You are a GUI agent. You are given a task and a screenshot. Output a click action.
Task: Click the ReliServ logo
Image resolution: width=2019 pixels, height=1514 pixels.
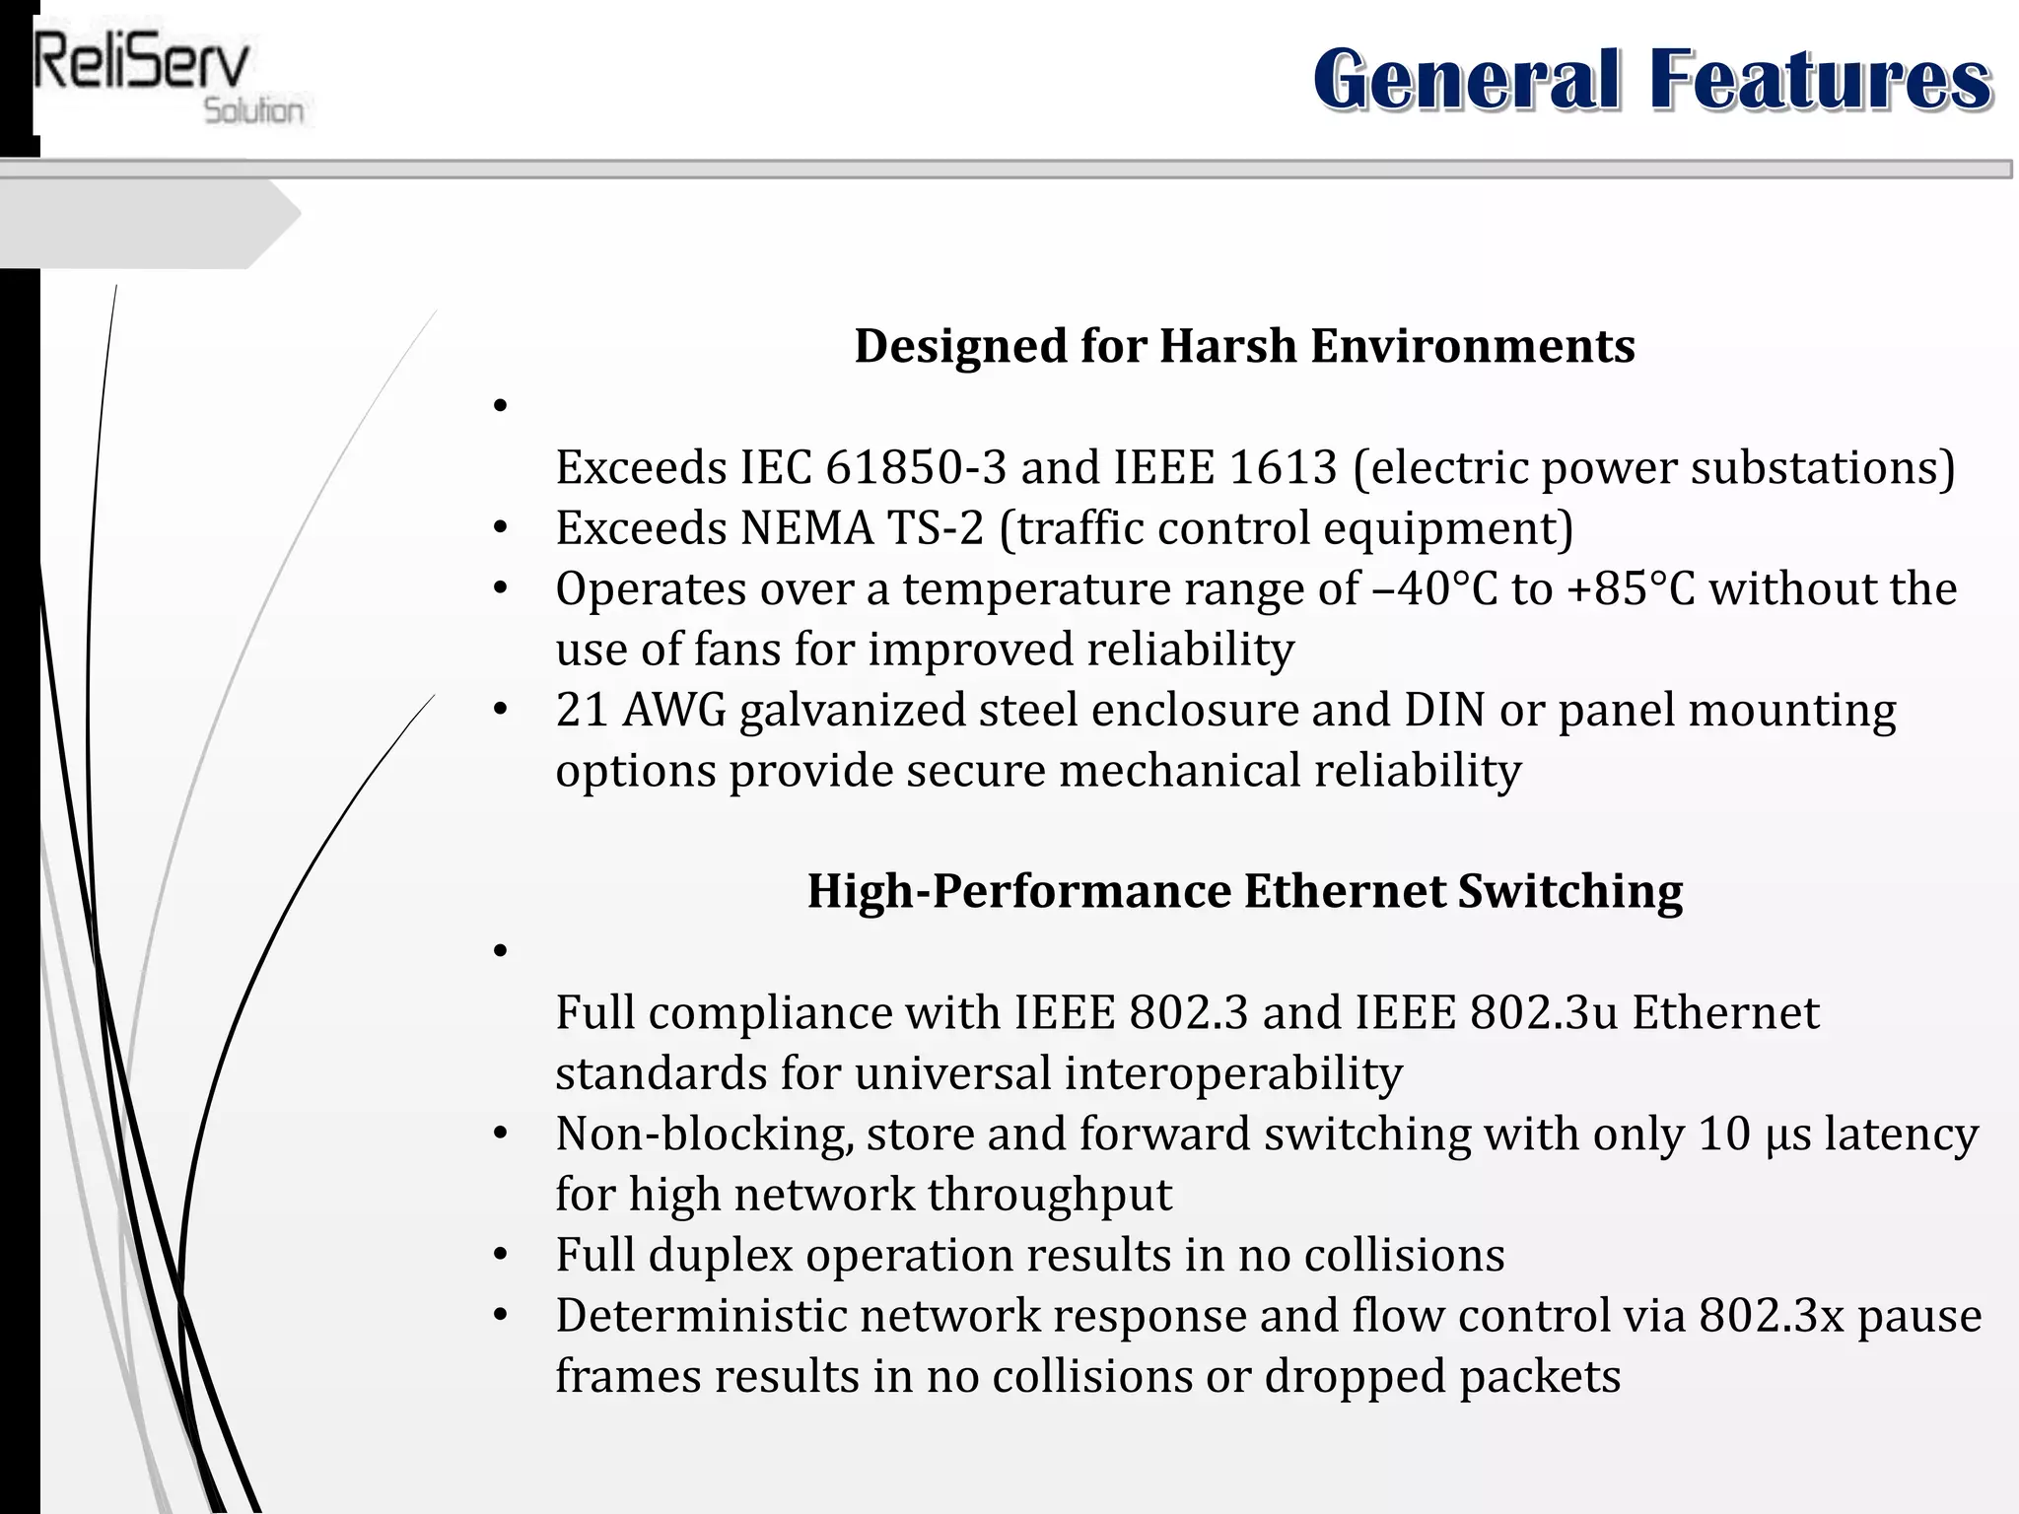tap(168, 79)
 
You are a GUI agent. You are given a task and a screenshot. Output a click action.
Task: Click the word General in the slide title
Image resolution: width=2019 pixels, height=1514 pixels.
tap(1466, 80)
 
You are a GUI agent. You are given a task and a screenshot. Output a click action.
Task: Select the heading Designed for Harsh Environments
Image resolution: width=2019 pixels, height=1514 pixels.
tap(1244, 346)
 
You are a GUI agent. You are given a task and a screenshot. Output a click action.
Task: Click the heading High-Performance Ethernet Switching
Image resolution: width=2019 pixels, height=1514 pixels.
tap(1244, 891)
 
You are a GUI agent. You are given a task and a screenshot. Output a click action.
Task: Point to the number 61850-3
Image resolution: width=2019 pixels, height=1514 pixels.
tap(916, 467)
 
